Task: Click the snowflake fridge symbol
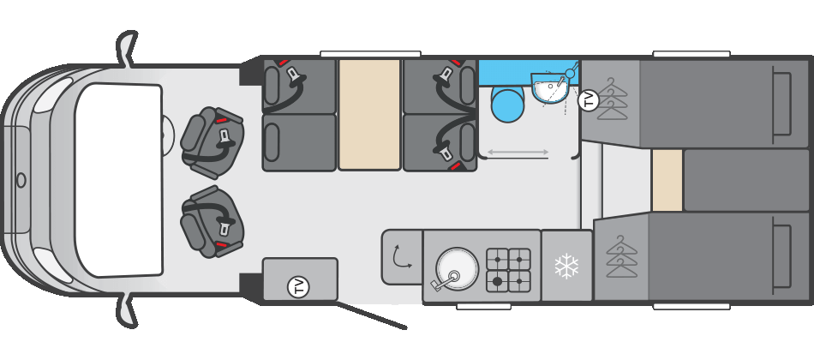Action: pyautogui.click(x=566, y=267)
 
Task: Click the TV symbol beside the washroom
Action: pyautogui.click(x=589, y=100)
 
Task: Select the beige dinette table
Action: pyautogui.click(x=369, y=114)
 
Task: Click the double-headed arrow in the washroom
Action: pyautogui.click(x=518, y=153)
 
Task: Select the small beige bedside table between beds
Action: pyautogui.click(x=667, y=180)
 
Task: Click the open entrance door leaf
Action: pyautogui.click(x=371, y=315)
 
